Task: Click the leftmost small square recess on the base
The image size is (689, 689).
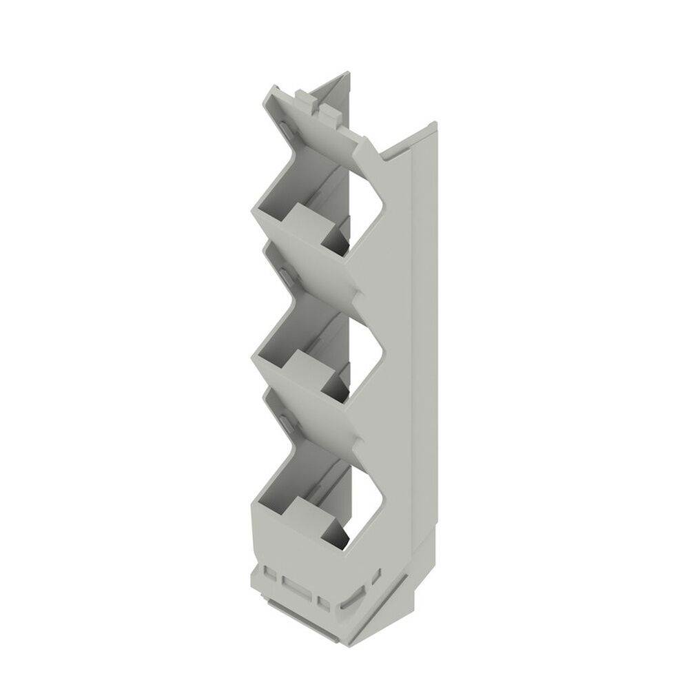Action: click(269, 573)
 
